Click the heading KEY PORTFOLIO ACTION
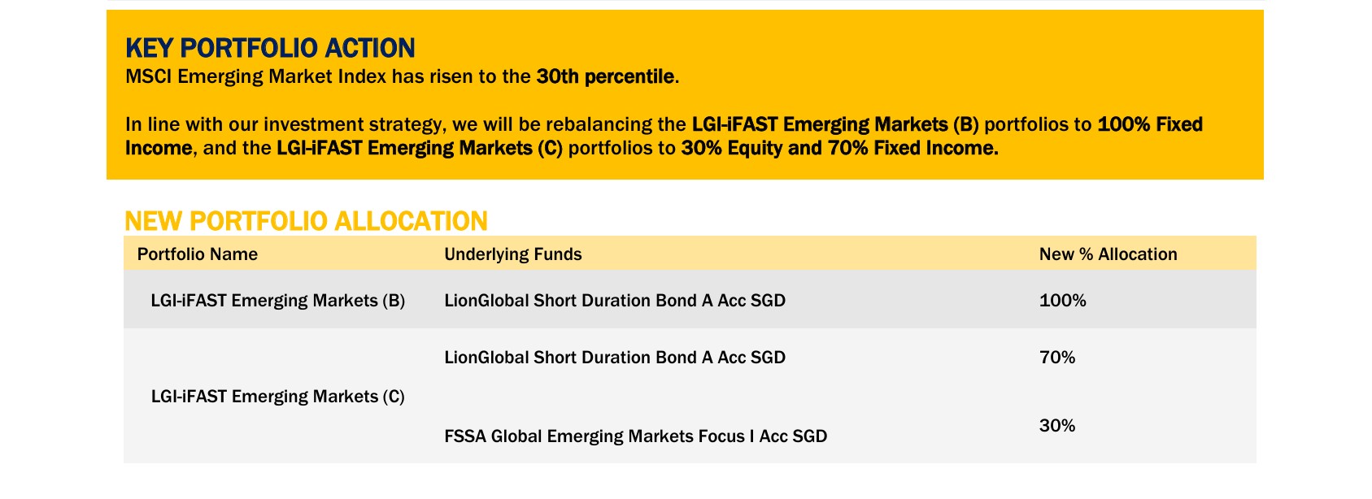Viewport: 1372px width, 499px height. coord(270,48)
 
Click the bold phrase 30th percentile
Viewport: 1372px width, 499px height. coord(605,76)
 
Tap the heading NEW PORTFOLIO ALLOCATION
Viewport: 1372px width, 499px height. coord(307,221)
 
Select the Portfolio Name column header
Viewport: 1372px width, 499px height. coord(198,254)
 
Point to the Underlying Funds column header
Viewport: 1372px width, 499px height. coord(512,254)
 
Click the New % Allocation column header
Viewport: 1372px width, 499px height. coord(1108,254)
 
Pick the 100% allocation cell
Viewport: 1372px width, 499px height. coord(1063,300)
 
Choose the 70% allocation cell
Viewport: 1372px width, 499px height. coord(1057,357)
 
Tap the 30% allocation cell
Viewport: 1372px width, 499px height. coord(1057,426)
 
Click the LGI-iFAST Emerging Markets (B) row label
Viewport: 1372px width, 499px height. coord(278,301)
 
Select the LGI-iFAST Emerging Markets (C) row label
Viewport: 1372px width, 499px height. coord(278,397)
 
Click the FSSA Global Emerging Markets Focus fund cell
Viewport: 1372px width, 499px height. coord(636,436)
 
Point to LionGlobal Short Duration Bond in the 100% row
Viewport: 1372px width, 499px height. coord(615,301)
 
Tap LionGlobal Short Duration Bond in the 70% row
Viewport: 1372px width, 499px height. coord(615,357)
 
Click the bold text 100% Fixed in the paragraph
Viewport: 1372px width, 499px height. coord(1150,124)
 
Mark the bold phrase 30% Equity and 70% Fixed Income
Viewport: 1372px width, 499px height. coord(840,148)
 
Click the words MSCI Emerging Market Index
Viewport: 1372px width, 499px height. coord(256,76)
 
